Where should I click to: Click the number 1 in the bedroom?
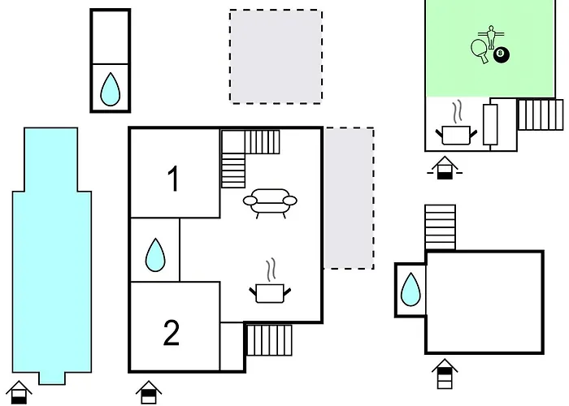[x=174, y=179]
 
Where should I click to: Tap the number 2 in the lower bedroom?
[x=172, y=332]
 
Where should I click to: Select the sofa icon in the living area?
[x=270, y=203]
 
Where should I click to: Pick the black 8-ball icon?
[x=502, y=54]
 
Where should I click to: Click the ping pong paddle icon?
[x=480, y=50]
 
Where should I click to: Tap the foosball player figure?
[x=491, y=37]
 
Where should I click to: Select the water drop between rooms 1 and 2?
[x=155, y=255]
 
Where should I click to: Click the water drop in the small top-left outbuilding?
[x=110, y=89]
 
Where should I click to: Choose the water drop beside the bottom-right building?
[x=410, y=290]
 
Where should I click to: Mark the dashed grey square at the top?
[x=276, y=57]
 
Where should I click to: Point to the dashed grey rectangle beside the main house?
[x=349, y=198]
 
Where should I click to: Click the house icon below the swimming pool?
[x=19, y=392]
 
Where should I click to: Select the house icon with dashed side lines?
[x=445, y=168]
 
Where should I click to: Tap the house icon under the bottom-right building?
[x=445, y=374]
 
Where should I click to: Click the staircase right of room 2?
[x=269, y=340]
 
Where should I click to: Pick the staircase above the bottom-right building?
[x=441, y=227]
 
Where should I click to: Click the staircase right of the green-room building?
[x=541, y=114]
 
